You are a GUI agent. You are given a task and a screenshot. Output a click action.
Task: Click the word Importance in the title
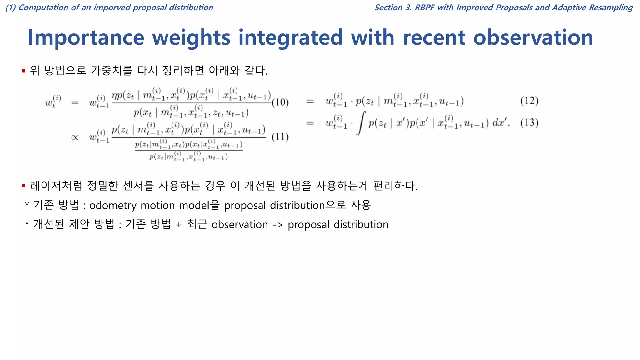pyautogui.click(x=86, y=38)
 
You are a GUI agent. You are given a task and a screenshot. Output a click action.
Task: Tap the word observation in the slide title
pyautogui.click(x=533, y=38)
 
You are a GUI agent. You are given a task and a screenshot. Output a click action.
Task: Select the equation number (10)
pyautogui.click(x=280, y=102)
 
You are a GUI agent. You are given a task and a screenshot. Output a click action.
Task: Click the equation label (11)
pyautogui.click(x=280, y=137)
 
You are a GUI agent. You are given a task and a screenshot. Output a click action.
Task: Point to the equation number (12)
pyautogui.click(x=529, y=101)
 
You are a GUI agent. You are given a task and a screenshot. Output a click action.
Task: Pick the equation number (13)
pyautogui.click(x=529, y=122)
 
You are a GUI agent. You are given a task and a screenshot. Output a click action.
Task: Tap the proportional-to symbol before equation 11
pyautogui.click(x=75, y=137)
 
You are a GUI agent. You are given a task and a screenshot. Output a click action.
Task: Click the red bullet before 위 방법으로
pyautogui.click(x=23, y=71)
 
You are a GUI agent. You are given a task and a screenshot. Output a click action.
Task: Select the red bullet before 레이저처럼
pyautogui.click(x=23, y=186)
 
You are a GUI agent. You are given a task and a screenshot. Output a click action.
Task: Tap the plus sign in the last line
pyautogui.click(x=179, y=225)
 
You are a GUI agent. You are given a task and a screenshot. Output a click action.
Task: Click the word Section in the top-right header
pyautogui.click(x=388, y=7)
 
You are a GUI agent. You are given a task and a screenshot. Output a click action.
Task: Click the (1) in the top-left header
pyautogui.click(x=11, y=7)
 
